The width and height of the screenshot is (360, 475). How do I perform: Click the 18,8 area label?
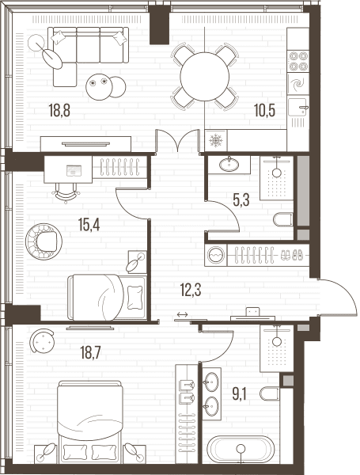coord(59,110)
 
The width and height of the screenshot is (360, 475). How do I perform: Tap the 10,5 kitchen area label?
coord(264,110)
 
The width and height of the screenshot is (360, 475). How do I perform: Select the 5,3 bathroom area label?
coord(241,200)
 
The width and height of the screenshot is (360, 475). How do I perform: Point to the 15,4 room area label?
coord(89,225)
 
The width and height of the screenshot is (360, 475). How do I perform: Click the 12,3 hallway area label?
coord(191,290)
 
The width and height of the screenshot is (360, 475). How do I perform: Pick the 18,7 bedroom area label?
coord(90,352)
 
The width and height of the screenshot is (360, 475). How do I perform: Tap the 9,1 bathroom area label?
coord(239,394)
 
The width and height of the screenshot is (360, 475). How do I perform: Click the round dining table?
coord(205,76)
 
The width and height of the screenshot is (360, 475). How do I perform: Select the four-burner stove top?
coord(298,61)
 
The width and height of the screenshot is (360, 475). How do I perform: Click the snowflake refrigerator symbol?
coord(216,141)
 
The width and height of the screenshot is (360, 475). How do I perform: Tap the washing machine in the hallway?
coord(216,255)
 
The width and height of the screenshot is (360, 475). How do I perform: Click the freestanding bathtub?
coord(241,449)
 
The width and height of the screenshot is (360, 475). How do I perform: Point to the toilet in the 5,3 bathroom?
coord(283,219)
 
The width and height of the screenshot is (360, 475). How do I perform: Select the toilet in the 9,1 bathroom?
coord(270,393)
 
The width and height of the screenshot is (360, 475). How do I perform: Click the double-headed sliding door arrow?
coord(182,315)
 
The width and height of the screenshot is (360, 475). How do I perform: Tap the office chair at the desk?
coord(66,193)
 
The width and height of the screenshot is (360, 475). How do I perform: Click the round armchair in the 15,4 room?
coord(44,241)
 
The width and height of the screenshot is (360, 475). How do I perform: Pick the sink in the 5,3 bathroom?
coord(229,165)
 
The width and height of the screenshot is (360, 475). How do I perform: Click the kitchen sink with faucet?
coord(298,108)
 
